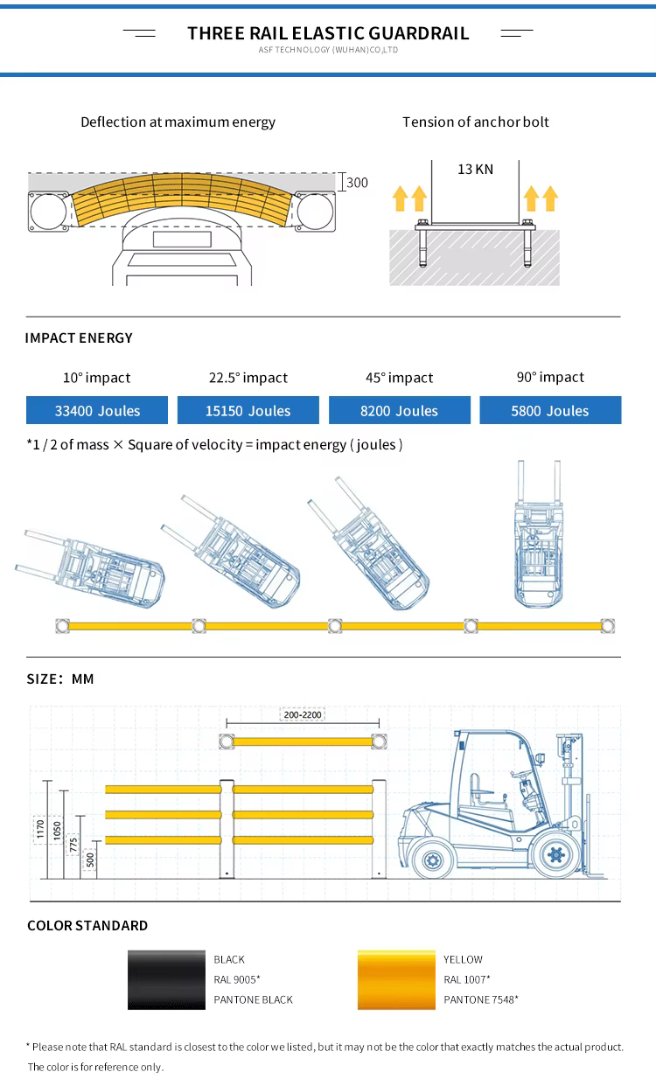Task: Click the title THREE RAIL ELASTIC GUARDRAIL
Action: [x=328, y=33]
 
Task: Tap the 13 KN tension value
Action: [x=475, y=169]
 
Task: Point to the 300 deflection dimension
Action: [x=357, y=183]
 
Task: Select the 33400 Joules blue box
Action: [x=97, y=410]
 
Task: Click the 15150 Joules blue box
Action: [x=248, y=410]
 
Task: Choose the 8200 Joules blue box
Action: [x=400, y=410]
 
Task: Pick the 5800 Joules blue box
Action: [x=550, y=410]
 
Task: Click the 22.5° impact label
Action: [x=248, y=378]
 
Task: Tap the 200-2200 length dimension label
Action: [x=303, y=714]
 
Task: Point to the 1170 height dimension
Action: [x=40, y=828]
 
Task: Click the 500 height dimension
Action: [x=90, y=860]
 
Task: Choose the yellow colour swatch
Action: [x=396, y=979]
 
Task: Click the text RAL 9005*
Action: [x=237, y=979]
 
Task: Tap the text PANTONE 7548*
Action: [x=481, y=999]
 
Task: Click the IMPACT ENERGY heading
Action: [x=79, y=338]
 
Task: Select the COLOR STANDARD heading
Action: [x=87, y=925]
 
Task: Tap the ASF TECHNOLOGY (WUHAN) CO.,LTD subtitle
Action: [x=328, y=51]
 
